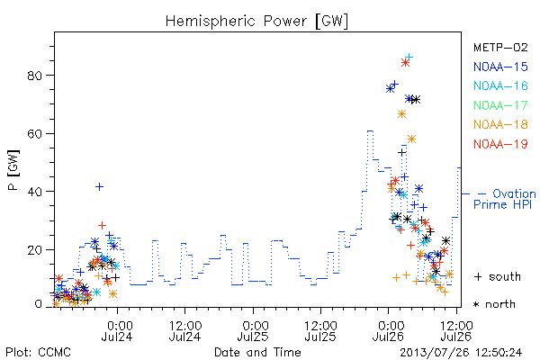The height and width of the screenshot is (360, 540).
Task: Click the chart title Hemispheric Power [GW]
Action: pyautogui.click(x=256, y=22)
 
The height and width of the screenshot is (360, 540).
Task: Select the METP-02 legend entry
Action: pyautogui.click(x=500, y=47)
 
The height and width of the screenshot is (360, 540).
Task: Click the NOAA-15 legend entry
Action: pyautogui.click(x=500, y=67)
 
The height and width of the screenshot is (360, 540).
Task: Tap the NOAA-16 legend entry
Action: pyautogui.click(x=500, y=85)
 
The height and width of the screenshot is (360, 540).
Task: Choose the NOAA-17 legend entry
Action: pyautogui.click(x=500, y=105)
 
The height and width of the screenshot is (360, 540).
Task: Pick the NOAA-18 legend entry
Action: pyautogui.click(x=500, y=124)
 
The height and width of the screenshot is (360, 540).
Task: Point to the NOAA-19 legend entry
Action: pyautogui.click(x=500, y=144)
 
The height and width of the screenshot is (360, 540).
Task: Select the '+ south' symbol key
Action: pyautogui.click(x=498, y=276)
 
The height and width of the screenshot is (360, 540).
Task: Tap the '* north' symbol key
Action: pyautogui.click(x=494, y=304)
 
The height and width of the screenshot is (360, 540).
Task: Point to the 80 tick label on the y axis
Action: pyautogui.click(x=35, y=76)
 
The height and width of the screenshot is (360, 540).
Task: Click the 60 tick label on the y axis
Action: pyautogui.click(x=35, y=134)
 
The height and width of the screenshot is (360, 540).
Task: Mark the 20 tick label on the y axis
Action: pyautogui.click(x=35, y=250)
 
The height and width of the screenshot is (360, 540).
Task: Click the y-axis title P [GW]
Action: pyautogui.click(x=13, y=170)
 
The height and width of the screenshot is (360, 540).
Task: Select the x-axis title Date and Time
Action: pyautogui.click(x=257, y=352)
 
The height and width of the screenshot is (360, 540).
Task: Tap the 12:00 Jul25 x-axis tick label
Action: pyautogui.click(x=320, y=331)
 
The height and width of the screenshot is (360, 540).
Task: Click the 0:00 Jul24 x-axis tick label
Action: pyautogui.click(x=117, y=331)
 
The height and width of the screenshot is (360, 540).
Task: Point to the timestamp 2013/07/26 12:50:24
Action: pyautogui.click(x=461, y=353)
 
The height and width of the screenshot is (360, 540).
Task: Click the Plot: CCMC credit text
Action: pyautogui.click(x=38, y=353)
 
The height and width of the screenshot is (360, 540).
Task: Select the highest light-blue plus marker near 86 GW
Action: pyautogui.click(x=409, y=57)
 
